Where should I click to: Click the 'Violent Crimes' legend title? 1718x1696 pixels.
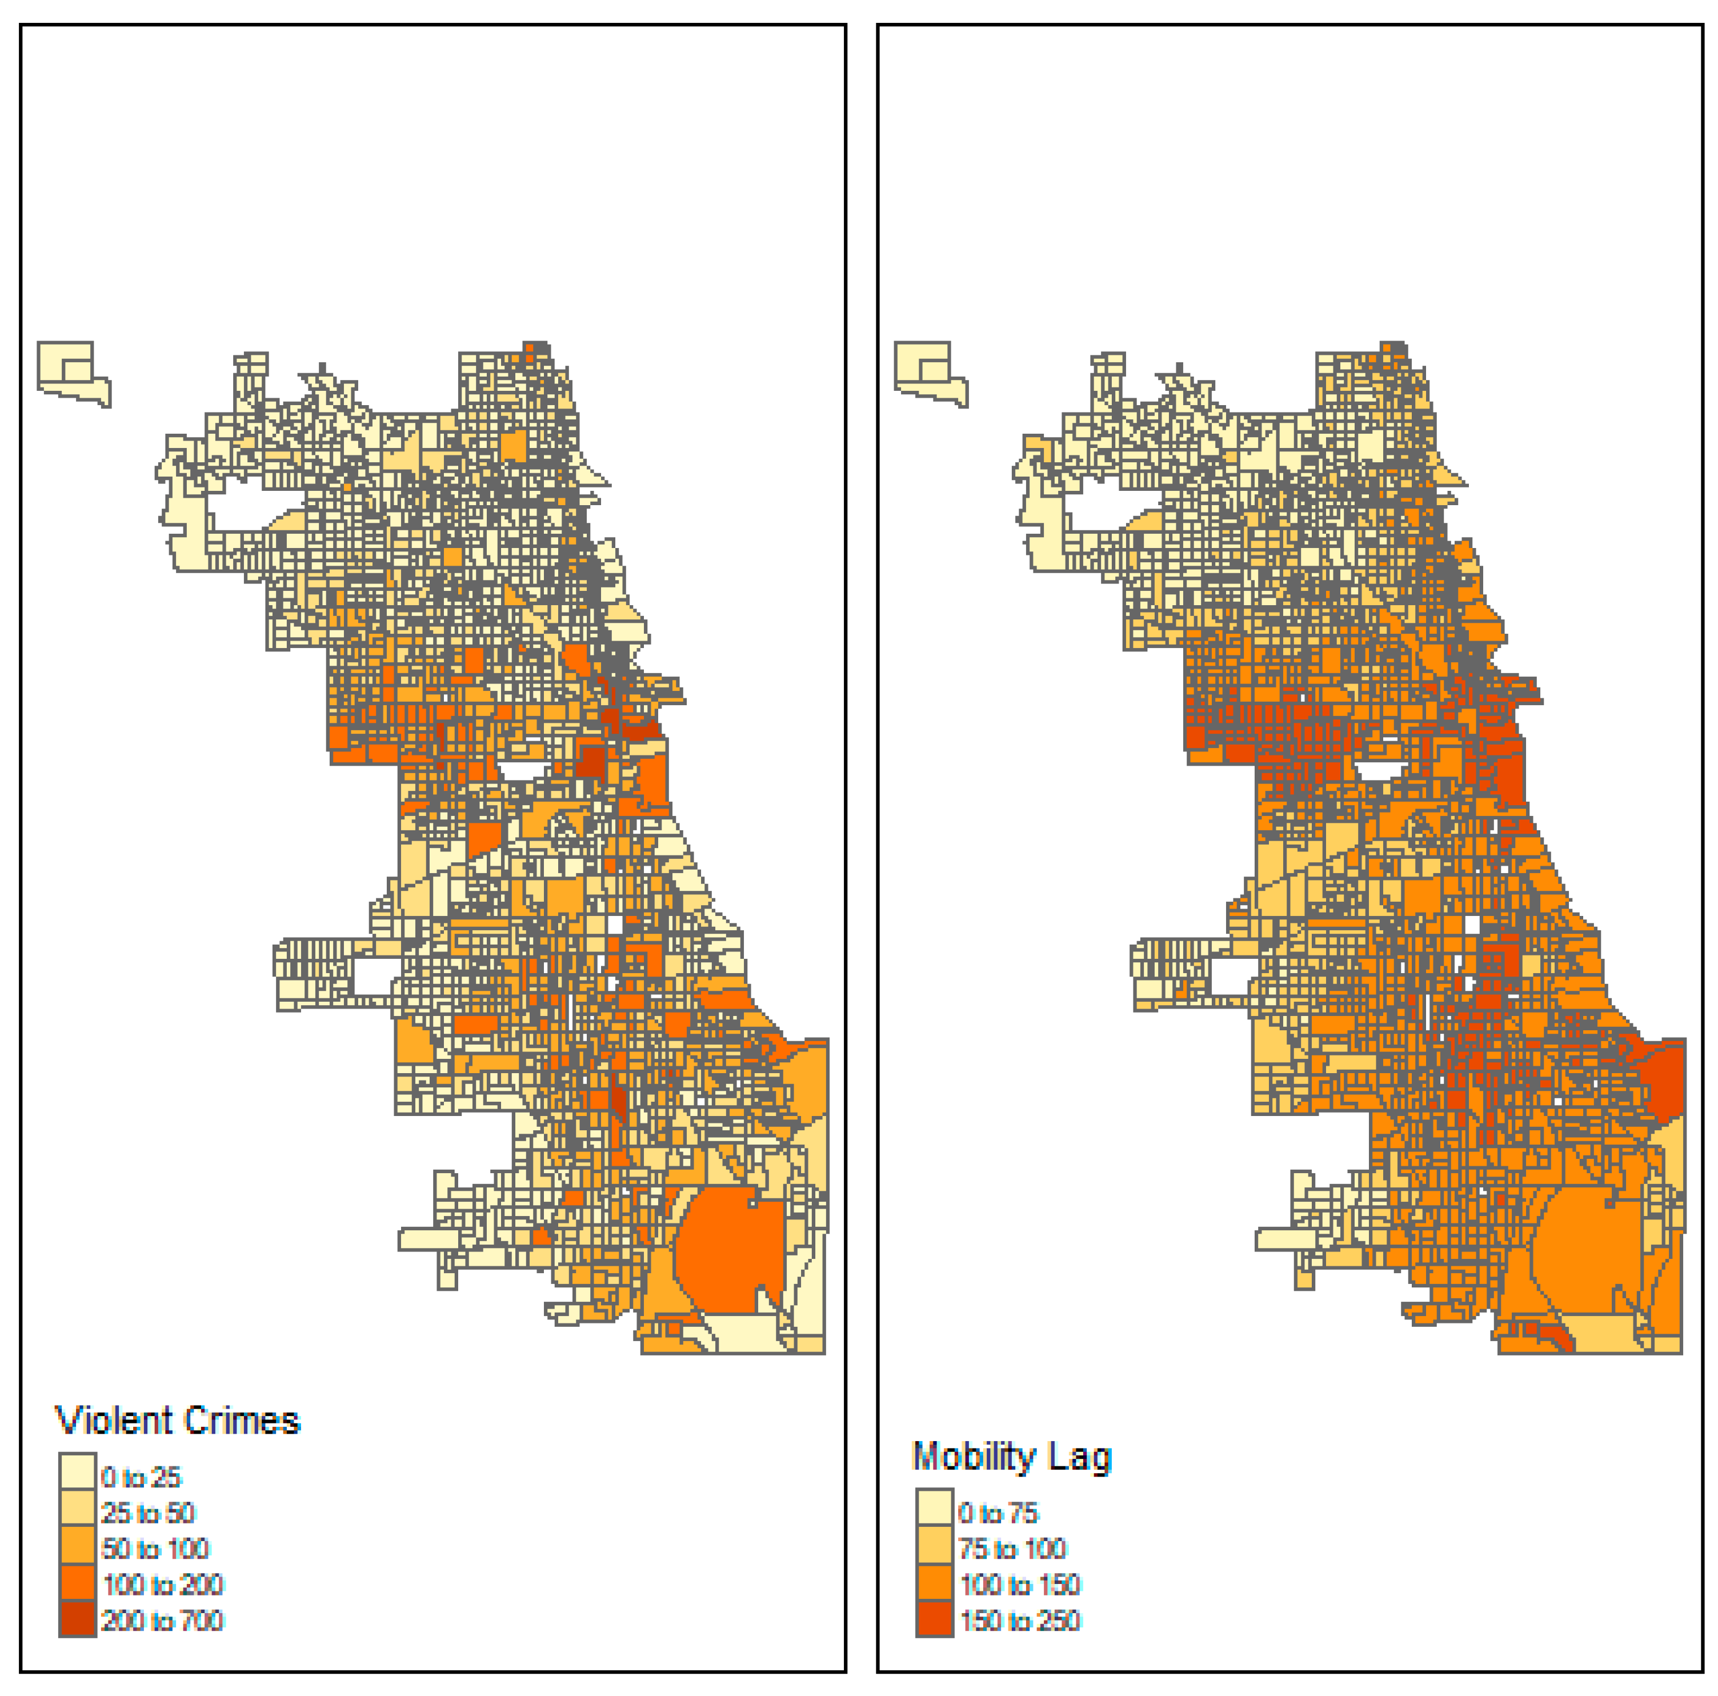177,1421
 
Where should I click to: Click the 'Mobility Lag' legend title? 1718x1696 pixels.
1011,1456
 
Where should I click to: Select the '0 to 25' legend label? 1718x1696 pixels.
141,1477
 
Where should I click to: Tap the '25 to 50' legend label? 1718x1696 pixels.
147,1513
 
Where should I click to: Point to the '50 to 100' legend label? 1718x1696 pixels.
155,1549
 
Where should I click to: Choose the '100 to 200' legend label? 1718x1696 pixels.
162,1584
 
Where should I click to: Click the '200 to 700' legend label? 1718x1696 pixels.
162,1619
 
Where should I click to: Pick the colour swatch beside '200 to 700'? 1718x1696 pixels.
77,1619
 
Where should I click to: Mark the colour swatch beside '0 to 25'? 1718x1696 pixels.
77,1477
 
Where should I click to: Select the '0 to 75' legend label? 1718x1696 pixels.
998,1513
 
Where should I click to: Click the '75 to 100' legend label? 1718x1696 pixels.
1012,1549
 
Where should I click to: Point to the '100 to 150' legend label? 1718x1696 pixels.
1019,1584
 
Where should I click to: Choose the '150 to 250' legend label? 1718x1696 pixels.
1019,1619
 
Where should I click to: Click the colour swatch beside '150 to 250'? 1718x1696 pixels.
935,1619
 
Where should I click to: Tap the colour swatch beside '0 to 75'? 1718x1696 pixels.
935,1513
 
